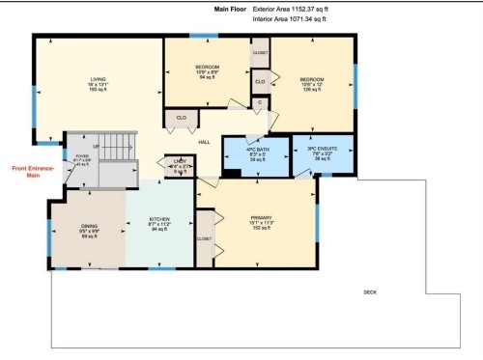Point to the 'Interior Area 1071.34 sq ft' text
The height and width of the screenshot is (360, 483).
(291, 17)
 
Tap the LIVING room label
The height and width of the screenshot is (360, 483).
(98, 84)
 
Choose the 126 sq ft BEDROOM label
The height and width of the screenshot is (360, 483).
(311, 85)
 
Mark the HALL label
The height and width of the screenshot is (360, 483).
(205, 142)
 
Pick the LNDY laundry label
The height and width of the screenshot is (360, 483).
(180, 166)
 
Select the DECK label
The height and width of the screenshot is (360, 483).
(369, 291)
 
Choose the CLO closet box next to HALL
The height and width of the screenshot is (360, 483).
(181, 119)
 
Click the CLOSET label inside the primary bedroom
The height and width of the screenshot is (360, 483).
(204, 237)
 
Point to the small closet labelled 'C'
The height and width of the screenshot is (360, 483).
(258, 103)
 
